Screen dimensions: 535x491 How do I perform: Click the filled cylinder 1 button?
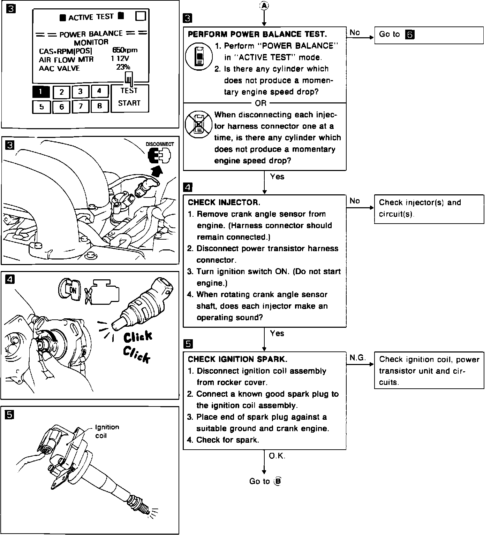point(41,92)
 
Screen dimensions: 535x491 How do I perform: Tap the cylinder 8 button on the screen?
point(99,106)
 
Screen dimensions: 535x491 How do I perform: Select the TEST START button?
point(129,97)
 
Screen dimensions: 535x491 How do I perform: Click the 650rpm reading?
point(125,50)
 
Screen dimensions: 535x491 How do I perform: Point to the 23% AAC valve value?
point(123,67)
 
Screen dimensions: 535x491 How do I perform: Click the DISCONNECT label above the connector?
point(160,144)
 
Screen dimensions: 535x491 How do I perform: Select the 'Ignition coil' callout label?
point(107,431)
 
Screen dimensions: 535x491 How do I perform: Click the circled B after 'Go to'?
point(278,481)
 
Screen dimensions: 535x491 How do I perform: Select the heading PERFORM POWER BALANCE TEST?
point(257,34)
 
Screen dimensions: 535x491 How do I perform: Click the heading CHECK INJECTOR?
point(224,202)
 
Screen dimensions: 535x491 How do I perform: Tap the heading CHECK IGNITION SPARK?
point(237,359)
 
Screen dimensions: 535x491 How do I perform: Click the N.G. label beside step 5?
point(357,358)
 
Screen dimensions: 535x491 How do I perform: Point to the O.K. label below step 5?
point(277,456)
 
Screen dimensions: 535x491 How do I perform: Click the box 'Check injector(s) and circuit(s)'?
point(429,208)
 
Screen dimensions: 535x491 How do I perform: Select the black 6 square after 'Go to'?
point(410,35)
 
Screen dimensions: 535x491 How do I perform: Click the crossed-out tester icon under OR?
point(198,124)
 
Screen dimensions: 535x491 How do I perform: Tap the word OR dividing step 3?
point(260,103)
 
